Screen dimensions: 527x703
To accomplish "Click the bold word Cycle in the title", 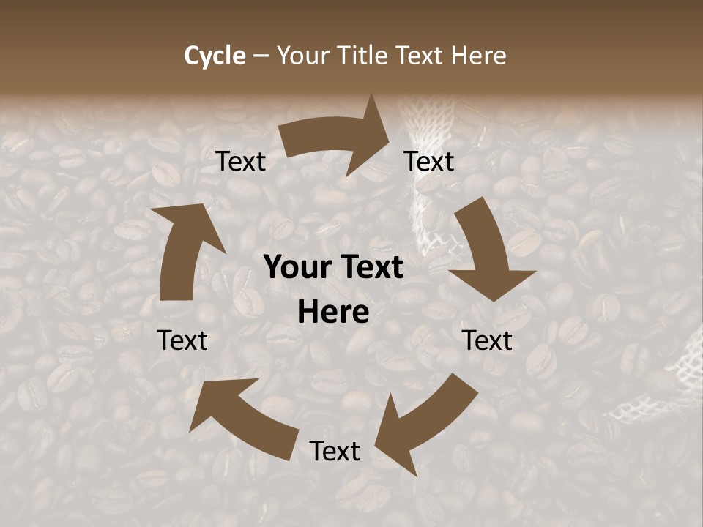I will pyautogui.click(x=215, y=56).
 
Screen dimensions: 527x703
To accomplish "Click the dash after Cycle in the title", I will pyautogui.click(x=261, y=56).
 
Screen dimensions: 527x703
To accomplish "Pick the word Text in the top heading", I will pyautogui.click(x=423, y=56).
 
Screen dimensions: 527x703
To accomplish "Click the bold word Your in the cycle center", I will pyautogui.click(x=297, y=268).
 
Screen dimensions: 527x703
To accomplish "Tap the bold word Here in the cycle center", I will pyautogui.click(x=333, y=313).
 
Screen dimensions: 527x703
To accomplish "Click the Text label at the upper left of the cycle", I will pyautogui.click(x=241, y=162).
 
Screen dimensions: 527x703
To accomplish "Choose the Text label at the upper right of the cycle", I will pyautogui.click(x=429, y=162).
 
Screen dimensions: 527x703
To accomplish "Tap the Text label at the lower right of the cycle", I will pyautogui.click(x=488, y=340).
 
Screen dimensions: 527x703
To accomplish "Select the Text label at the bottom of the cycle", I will pyautogui.click(x=335, y=451).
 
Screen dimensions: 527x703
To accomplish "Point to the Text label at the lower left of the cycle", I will pyautogui.click(x=182, y=340).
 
